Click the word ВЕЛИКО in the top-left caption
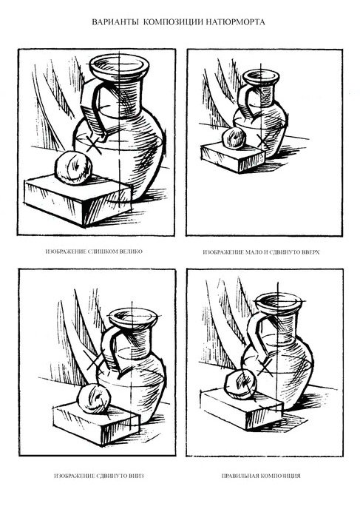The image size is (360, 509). point(131,252)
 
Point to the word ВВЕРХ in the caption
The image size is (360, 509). point(310,252)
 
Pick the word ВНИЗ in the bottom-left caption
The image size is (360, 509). point(136,476)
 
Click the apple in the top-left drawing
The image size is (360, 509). point(73,167)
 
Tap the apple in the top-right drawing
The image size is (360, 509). point(233,138)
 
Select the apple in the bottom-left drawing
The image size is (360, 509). point(94,399)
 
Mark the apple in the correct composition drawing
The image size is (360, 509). point(241,385)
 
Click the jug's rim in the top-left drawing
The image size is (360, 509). point(119,67)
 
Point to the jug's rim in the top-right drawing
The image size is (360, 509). point(261,77)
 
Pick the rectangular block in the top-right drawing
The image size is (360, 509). point(233,158)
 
